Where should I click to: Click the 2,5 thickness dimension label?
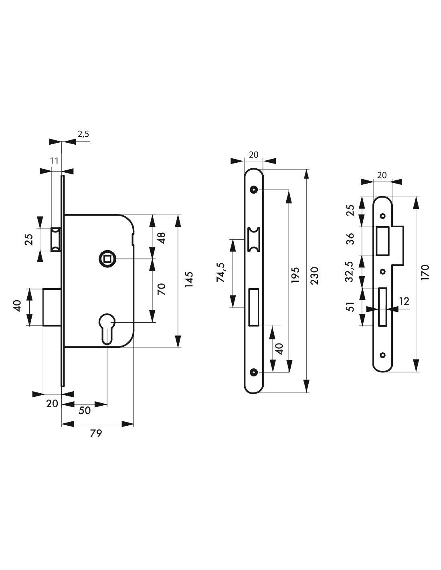(x=83, y=134)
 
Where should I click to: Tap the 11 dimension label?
(x=54, y=160)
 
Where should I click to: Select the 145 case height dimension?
(x=189, y=280)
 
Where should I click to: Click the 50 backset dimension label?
(x=85, y=410)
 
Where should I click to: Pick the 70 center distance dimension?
(x=162, y=289)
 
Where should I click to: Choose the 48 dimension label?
(x=162, y=238)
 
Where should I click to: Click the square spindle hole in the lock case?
(x=107, y=259)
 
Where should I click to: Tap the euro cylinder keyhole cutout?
(x=107, y=328)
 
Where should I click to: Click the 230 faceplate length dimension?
(x=314, y=276)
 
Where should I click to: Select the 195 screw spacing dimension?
(x=295, y=275)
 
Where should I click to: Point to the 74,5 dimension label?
(x=221, y=272)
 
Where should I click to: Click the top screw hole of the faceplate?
(x=253, y=190)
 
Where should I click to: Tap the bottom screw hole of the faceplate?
(x=253, y=372)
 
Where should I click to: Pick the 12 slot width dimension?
(x=404, y=301)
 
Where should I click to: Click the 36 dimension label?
(x=350, y=239)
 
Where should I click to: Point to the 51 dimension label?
(x=350, y=307)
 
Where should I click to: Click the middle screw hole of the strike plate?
(x=383, y=272)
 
